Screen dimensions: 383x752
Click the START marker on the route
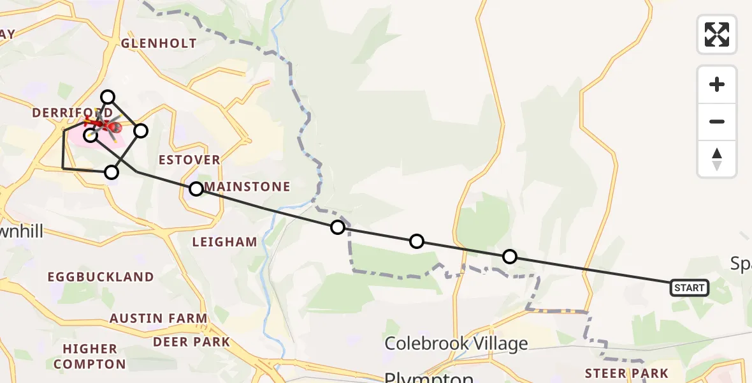point(689,288)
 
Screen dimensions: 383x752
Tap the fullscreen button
point(717,34)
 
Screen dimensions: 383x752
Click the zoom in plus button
point(717,84)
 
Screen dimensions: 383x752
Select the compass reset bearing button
point(717,159)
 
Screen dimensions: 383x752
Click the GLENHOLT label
point(159,43)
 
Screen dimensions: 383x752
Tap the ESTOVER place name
point(190,160)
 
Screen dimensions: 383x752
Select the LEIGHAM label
point(225,242)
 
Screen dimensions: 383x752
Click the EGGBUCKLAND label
point(101,277)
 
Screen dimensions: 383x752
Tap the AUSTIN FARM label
point(159,318)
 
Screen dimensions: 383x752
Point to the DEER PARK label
point(191,342)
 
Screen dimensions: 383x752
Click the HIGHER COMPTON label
point(90,357)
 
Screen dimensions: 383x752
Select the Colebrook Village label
point(456,343)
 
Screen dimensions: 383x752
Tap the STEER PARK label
point(627,373)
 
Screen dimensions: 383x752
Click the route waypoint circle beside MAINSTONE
point(196,189)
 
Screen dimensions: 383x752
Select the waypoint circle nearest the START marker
point(510,257)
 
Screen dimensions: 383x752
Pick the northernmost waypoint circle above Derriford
point(108,97)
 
